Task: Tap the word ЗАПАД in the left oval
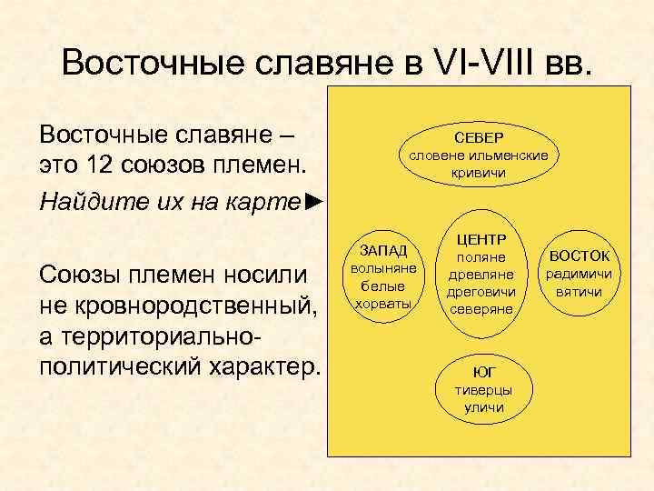coord(383,250)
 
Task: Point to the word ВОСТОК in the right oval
coord(579,256)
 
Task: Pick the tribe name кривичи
coord(478,172)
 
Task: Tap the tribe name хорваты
coord(383,303)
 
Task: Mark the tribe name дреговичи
coord(482,292)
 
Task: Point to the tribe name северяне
coord(482,309)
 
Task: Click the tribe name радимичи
coord(579,274)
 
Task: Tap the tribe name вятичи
coord(579,292)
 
